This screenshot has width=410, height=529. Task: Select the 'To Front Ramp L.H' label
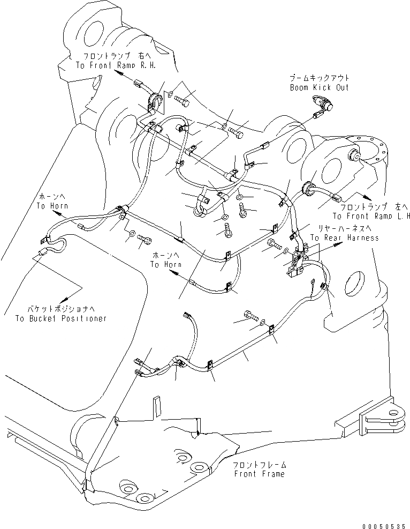point(371,217)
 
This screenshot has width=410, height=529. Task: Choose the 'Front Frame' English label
point(259,474)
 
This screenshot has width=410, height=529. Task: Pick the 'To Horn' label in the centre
point(165,265)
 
